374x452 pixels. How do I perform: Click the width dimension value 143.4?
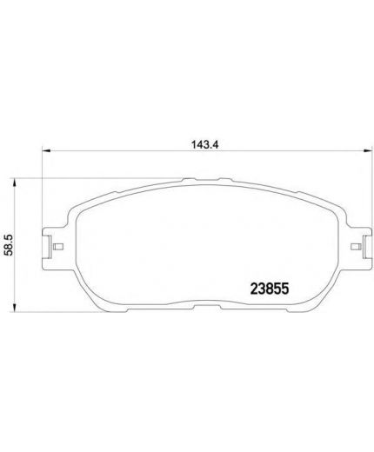pos(204,144)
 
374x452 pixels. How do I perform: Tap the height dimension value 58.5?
pos(10,245)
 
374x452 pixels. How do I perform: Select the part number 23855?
pos(270,289)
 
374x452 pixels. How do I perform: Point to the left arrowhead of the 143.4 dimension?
pos(46,150)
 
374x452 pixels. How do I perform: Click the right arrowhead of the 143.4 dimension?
pos(367,150)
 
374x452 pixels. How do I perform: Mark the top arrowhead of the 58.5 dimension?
pos(14,183)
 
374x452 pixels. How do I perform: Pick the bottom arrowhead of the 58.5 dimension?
pos(14,308)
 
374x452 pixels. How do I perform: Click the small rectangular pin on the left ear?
pos(58,247)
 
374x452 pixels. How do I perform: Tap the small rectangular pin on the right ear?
pos(356,247)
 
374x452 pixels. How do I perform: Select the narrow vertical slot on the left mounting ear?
pos(50,246)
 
